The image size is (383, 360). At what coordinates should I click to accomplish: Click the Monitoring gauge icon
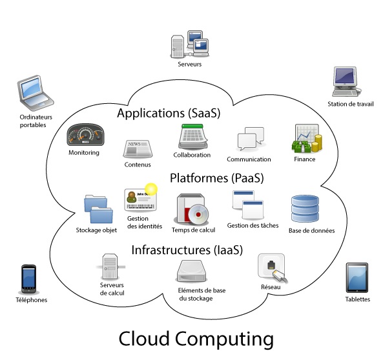click(86, 135)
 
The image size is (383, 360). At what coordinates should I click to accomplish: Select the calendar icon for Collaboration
click(192, 137)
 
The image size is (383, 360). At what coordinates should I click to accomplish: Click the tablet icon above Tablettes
click(357, 277)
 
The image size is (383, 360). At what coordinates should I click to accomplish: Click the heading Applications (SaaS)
click(169, 113)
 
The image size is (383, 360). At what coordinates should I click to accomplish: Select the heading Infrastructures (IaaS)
click(186, 249)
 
